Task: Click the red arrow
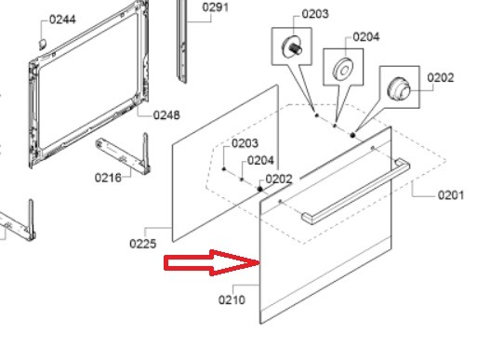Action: coord(212,262)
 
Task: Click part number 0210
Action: coord(232,300)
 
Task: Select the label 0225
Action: coord(143,244)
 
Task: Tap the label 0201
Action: coord(451,195)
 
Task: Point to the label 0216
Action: coord(108,178)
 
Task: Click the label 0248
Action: coord(166,115)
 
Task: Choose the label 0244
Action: coord(62,20)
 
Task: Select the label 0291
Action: coord(216,7)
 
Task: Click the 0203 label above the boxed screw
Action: coord(315,14)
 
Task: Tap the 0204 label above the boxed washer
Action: coord(366,36)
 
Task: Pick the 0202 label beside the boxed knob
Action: coord(441,77)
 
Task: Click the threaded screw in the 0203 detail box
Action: coord(292,47)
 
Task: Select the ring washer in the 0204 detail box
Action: coord(343,69)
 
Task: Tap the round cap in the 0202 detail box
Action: coord(399,88)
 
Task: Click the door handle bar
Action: coord(355,191)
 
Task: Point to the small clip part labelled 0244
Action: coord(43,44)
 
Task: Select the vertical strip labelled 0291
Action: coord(182,41)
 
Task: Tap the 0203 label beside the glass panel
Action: coord(245,143)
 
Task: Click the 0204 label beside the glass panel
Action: coord(260,160)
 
